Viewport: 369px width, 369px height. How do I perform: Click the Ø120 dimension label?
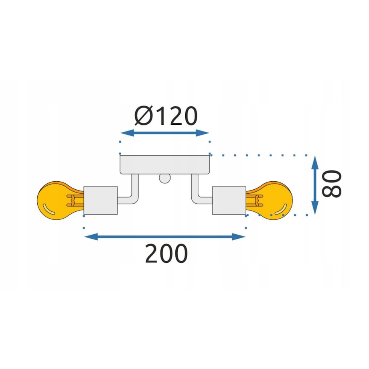(x=166, y=116)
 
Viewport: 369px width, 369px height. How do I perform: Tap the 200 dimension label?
(x=166, y=253)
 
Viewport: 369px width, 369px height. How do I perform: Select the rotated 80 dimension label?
(x=332, y=184)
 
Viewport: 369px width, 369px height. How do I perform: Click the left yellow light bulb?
(x=60, y=201)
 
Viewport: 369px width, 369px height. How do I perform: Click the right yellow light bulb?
(x=270, y=201)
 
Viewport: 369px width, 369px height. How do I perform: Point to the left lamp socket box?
(x=101, y=201)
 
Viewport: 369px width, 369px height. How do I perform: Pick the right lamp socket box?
(x=229, y=201)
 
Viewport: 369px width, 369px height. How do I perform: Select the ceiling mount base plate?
(x=165, y=164)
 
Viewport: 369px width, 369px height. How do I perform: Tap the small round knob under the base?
(x=165, y=178)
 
